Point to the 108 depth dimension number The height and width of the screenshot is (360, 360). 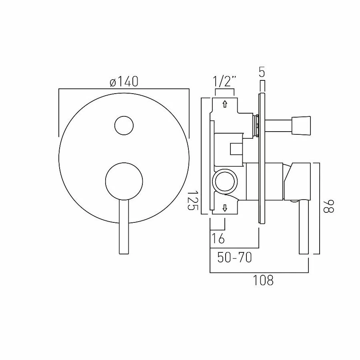click(263, 280)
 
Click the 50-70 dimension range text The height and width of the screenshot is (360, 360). click(234, 258)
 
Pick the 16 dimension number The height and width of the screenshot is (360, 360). click(218, 238)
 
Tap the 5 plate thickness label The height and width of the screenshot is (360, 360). click(262, 73)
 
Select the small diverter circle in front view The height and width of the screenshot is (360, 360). click(124, 126)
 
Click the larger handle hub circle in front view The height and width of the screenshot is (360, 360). click(124, 181)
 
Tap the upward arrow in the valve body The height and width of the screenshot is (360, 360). click(225, 104)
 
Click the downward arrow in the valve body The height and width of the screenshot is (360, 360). click(225, 208)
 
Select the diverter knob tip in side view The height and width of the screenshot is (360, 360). click(302, 124)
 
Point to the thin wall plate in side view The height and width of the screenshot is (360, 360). click(262, 158)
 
